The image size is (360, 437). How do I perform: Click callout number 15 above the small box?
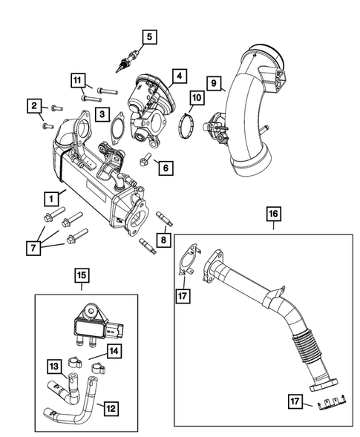[x=82, y=276]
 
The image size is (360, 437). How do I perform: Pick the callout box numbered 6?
[x=165, y=168]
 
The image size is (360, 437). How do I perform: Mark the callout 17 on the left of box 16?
[x=183, y=296]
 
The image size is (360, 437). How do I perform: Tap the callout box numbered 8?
[x=165, y=239]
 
